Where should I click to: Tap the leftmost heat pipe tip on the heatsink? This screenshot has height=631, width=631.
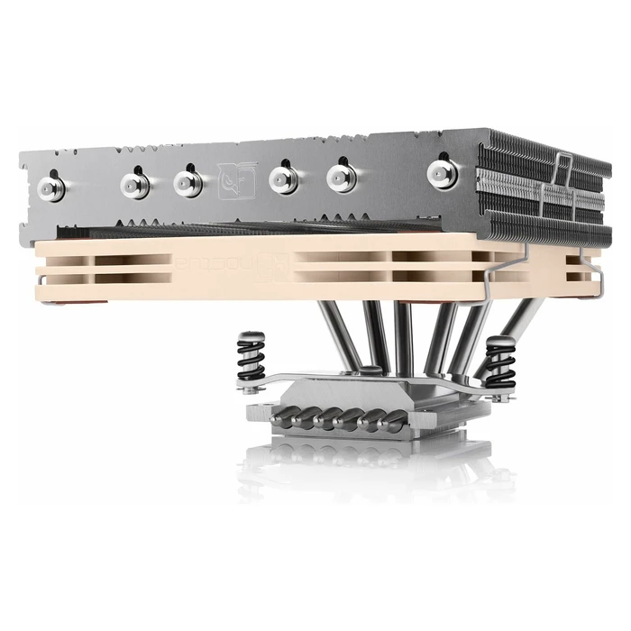click(x=52, y=187)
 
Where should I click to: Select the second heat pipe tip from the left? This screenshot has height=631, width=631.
click(x=135, y=185)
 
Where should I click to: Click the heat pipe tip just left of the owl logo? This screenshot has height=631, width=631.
click(x=187, y=182)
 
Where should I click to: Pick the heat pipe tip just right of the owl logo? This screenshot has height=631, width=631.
click(x=284, y=180)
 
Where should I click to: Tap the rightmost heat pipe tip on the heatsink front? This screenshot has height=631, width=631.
click(x=442, y=170)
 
